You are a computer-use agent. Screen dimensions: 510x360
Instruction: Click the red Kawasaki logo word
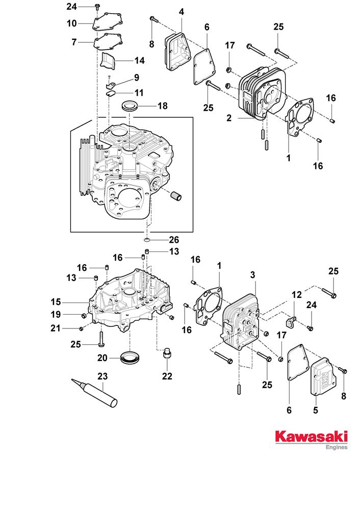(x=312, y=437)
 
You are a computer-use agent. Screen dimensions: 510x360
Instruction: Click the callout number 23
(x=102, y=377)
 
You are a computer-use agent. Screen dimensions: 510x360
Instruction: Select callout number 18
(x=162, y=107)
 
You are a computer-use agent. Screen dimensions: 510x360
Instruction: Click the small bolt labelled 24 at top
(x=97, y=7)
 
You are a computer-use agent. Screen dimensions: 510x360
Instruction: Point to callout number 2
(x=229, y=118)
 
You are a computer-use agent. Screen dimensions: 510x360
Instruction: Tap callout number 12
(x=297, y=295)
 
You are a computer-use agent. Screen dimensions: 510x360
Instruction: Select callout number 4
(x=182, y=11)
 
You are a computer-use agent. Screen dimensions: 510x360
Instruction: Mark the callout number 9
(x=137, y=78)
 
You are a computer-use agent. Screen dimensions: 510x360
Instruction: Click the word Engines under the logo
(x=336, y=447)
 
